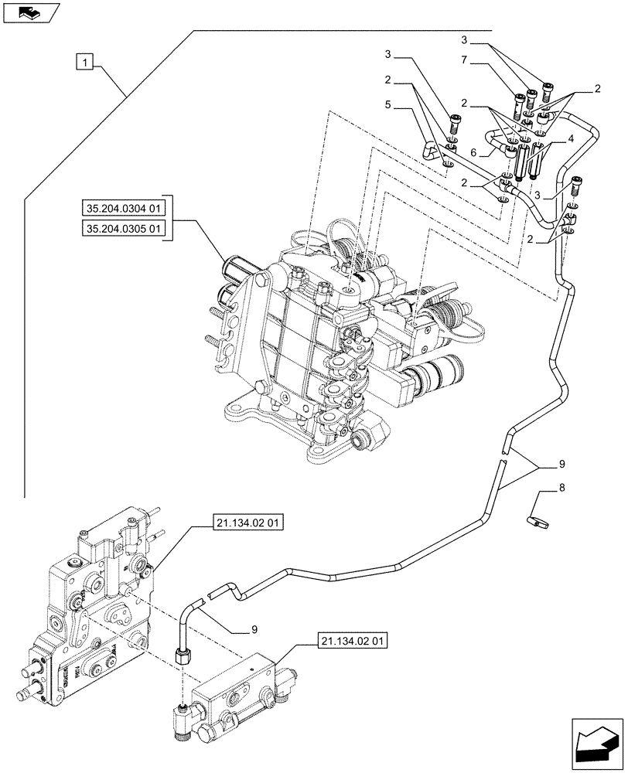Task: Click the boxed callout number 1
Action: coord(85,61)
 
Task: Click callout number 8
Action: coord(562,489)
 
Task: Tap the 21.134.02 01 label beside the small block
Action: coord(352,641)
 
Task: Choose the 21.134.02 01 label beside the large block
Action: coord(247,523)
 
